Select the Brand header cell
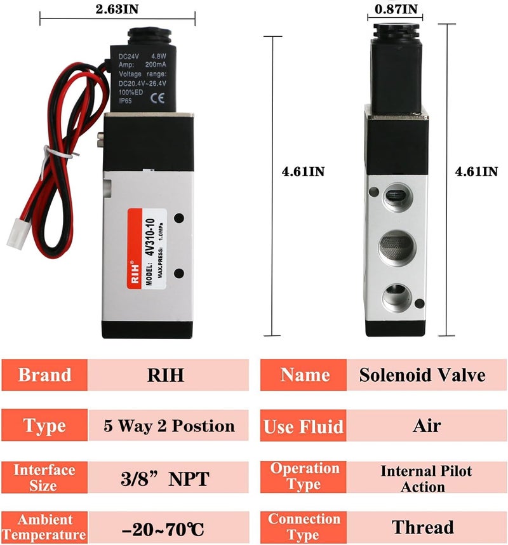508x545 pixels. [44, 375]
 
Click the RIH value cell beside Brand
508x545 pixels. [166, 375]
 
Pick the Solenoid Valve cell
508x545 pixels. [422, 375]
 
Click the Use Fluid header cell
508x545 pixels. [304, 426]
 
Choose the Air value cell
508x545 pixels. [427, 426]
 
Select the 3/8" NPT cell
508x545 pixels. [166, 478]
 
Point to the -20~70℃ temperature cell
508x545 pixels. [166, 528]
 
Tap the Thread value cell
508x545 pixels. [423, 527]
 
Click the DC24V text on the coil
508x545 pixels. [130, 56]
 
